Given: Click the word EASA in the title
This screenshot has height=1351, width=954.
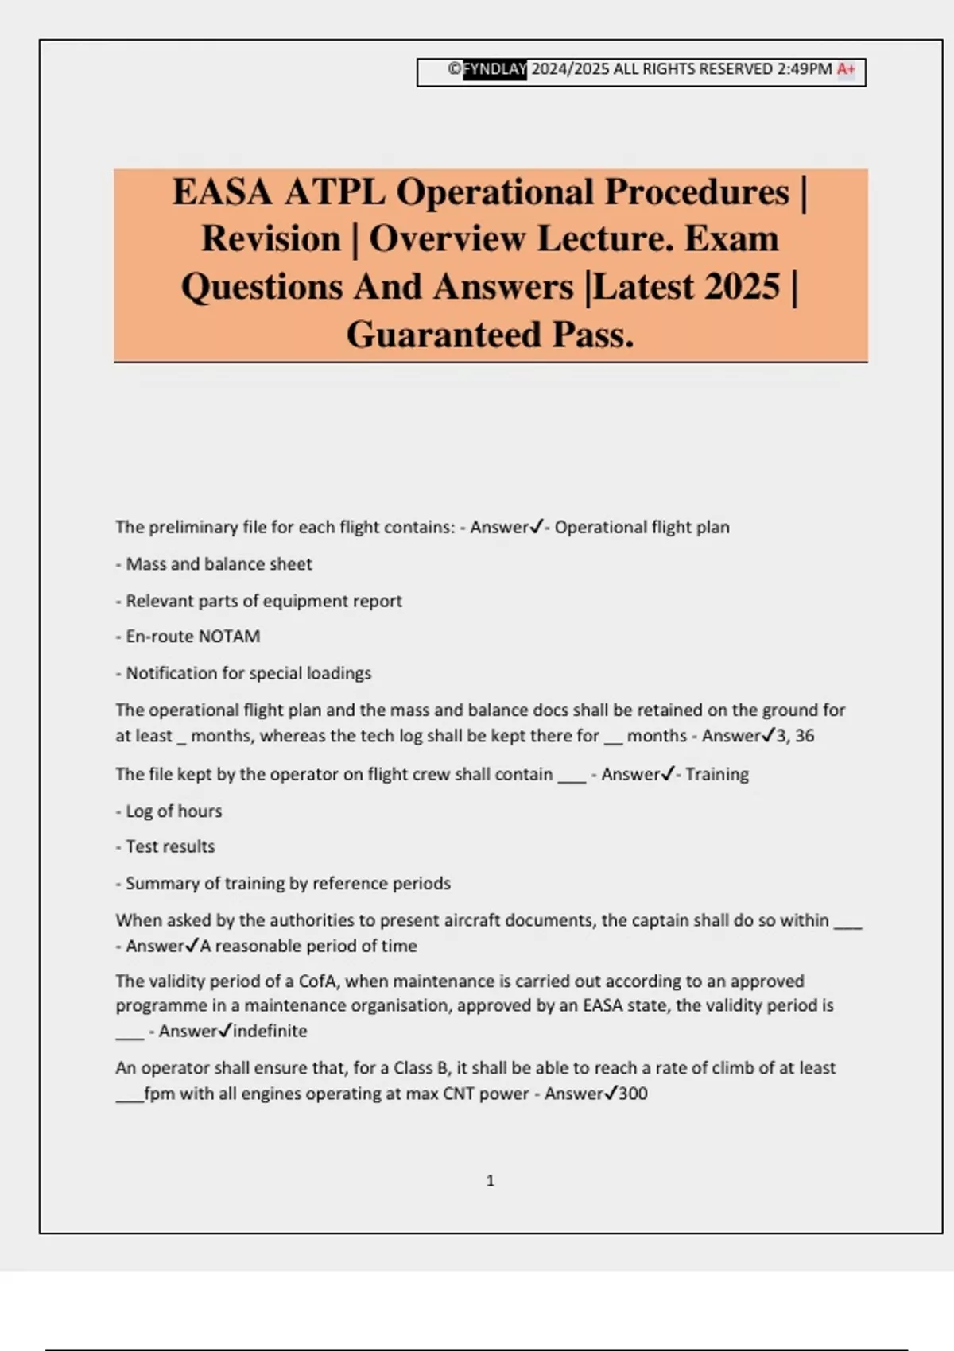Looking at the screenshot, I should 223,192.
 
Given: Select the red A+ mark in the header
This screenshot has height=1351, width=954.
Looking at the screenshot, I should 846,69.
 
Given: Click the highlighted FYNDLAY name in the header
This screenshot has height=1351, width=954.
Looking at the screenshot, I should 495,69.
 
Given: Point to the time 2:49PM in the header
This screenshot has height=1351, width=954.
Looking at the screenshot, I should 805,69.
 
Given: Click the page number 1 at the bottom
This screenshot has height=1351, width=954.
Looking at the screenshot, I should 490,1181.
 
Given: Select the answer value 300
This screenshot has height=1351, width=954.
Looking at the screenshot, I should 633,1094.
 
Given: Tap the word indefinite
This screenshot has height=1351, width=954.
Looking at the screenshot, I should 270,1031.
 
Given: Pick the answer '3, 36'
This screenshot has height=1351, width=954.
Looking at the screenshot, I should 795,736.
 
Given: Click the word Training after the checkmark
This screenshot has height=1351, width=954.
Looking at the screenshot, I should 717,774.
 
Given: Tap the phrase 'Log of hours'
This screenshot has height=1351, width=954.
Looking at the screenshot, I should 173,811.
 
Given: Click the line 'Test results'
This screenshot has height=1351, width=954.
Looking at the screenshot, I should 170,847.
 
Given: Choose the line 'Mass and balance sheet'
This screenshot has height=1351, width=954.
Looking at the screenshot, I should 219,564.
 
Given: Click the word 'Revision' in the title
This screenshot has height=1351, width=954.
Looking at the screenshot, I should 271,239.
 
